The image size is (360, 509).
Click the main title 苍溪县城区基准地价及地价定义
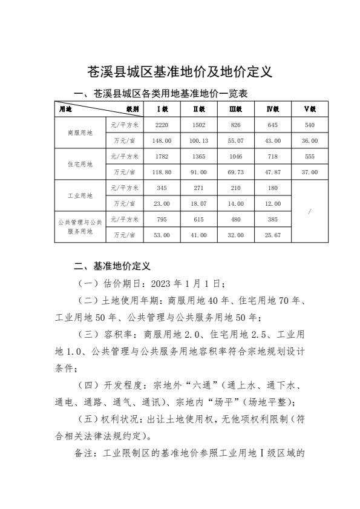[180, 72]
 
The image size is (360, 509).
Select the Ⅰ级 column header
[163, 109]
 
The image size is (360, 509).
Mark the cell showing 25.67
[273, 235]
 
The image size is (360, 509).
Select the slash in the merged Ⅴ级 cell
[310, 212]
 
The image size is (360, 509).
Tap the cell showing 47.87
[273, 172]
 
